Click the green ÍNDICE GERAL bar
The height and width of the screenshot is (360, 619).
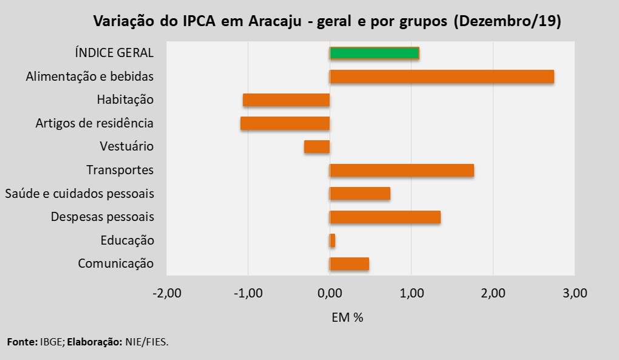click(374, 53)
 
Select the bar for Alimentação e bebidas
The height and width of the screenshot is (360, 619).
click(441, 76)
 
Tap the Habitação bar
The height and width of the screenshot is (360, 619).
click(286, 100)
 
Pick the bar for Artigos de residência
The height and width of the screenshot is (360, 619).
click(285, 123)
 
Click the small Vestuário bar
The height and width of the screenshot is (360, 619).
click(317, 146)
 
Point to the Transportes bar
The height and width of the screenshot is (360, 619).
click(401, 170)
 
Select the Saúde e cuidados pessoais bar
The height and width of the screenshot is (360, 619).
click(359, 194)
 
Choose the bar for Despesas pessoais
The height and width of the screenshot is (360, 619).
click(385, 217)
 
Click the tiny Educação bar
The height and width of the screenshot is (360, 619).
click(332, 240)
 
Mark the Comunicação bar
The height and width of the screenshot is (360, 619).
click(349, 263)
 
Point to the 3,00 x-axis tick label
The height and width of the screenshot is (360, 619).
click(575, 294)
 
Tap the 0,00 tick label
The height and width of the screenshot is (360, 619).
click(330, 294)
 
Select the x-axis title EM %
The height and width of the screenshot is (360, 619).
click(347, 317)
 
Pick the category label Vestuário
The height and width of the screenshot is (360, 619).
click(127, 146)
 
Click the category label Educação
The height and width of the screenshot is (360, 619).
click(127, 240)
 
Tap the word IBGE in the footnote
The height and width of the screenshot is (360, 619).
click(52, 342)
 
